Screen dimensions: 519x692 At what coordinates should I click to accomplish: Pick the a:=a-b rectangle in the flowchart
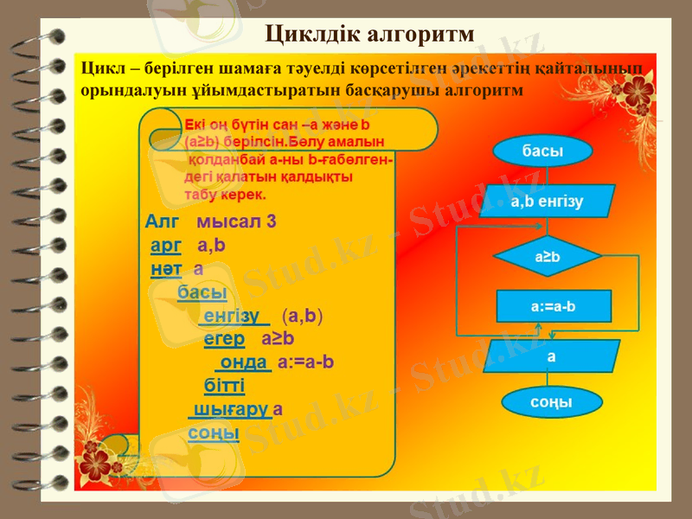pyautogui.click(x=554, y=305)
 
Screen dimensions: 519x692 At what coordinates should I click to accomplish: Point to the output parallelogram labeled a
pyautogui.click(x=551, y=356)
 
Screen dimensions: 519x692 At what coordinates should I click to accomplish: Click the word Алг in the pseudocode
pyautogui.click(x=162, y=221)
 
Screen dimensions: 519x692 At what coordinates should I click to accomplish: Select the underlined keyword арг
pyautogui.click(x=166, y=245)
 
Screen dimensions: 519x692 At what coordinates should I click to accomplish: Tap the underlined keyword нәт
pyautogui.click(x=165, y=269)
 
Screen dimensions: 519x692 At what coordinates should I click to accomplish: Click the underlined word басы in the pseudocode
pyautogui.click(x=196, y=292)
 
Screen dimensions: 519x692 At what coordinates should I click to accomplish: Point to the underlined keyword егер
pyautogui.click(x=224, y=338)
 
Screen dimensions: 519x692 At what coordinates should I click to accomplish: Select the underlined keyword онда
pyautogui.click(x=243, y=362)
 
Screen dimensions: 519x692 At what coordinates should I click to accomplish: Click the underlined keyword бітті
pyautogui.click(x=224, y=385)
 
